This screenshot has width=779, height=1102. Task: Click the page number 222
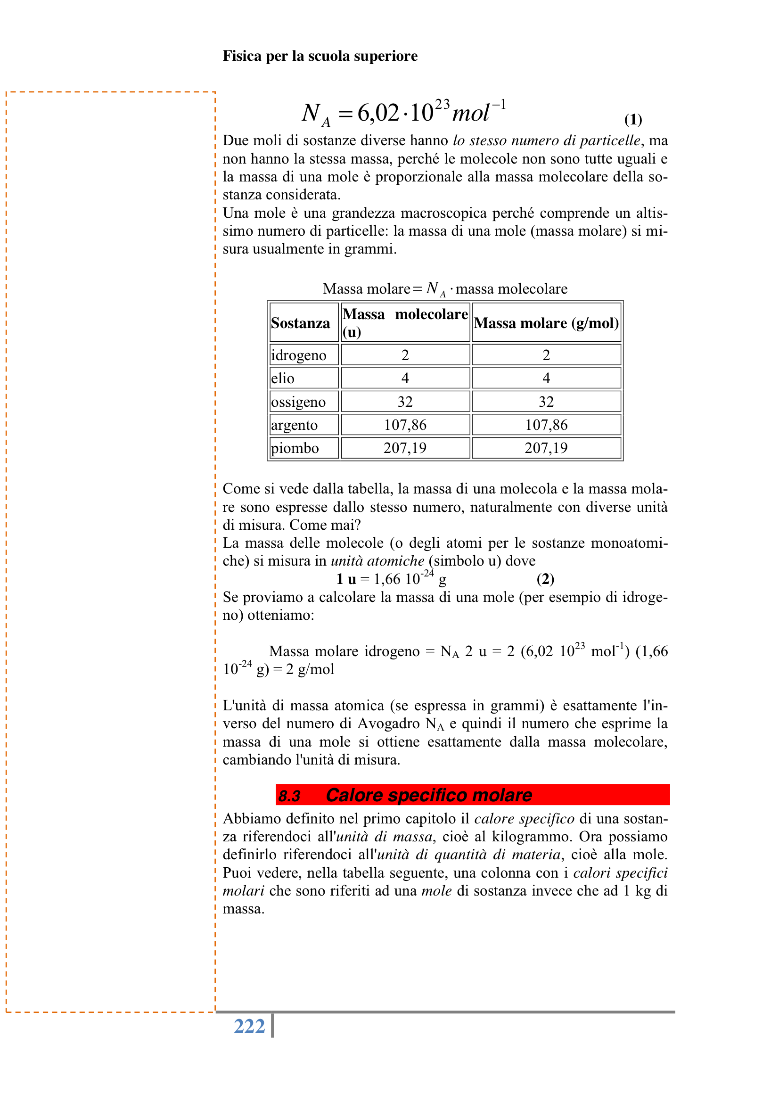point(249,1027)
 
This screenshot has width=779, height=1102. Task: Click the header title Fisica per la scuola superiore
point(320,56)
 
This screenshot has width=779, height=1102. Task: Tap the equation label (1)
point(632,119)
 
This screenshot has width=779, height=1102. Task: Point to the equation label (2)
point(545,579)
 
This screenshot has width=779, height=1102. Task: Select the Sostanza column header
point(301,323)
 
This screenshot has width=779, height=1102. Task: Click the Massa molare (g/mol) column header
point(546,323)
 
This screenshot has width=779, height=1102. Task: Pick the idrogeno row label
point(298,355)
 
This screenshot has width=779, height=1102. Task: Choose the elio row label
point(283,378)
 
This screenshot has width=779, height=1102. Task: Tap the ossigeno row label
point(298,402)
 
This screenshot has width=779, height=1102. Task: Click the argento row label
point(294,425)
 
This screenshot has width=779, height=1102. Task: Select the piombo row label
point(295,448)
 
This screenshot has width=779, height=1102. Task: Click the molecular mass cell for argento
point(405,425)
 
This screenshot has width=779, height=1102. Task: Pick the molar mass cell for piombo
point(546,448)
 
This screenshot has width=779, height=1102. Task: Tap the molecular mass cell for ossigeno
point(405,402)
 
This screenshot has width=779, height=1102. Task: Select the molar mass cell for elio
point(546,378)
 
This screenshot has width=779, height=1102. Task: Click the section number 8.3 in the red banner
point(289,796)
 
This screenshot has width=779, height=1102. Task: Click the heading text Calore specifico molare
point(429,795)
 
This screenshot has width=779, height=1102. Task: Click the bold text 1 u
point(345,579)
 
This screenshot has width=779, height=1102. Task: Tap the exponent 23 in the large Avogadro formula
point(442,104)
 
